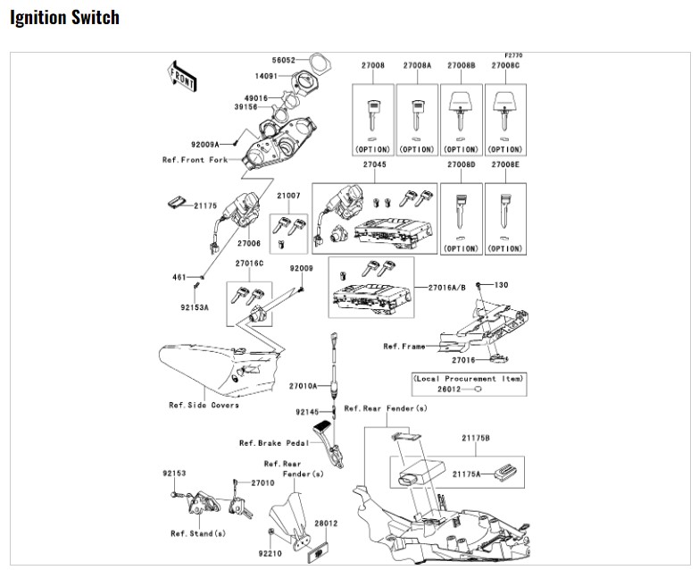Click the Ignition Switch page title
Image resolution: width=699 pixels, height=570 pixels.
tap(64, 18)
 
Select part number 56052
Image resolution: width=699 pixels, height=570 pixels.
tap(284, 60)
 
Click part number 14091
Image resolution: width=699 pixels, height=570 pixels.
tap(266, 77)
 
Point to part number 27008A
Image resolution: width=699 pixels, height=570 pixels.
tap(417, 65)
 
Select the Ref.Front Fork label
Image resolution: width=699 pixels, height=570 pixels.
tap(193, 160)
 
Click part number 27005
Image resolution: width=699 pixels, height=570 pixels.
tap(248, 243)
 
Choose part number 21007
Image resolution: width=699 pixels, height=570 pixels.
tap(288, 195)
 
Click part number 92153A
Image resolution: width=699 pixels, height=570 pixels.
tap(194, 307)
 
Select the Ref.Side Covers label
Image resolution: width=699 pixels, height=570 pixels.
tap(204, 405)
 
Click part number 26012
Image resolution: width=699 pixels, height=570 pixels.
tap(448, 390)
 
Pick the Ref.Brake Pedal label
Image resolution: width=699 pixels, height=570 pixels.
tap(273, 442)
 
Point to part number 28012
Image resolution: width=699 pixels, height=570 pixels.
tap(327, 523)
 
